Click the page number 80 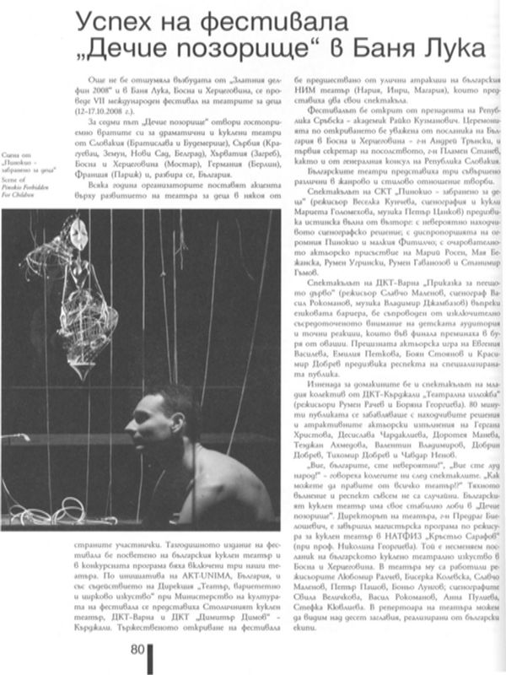[137, 649]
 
